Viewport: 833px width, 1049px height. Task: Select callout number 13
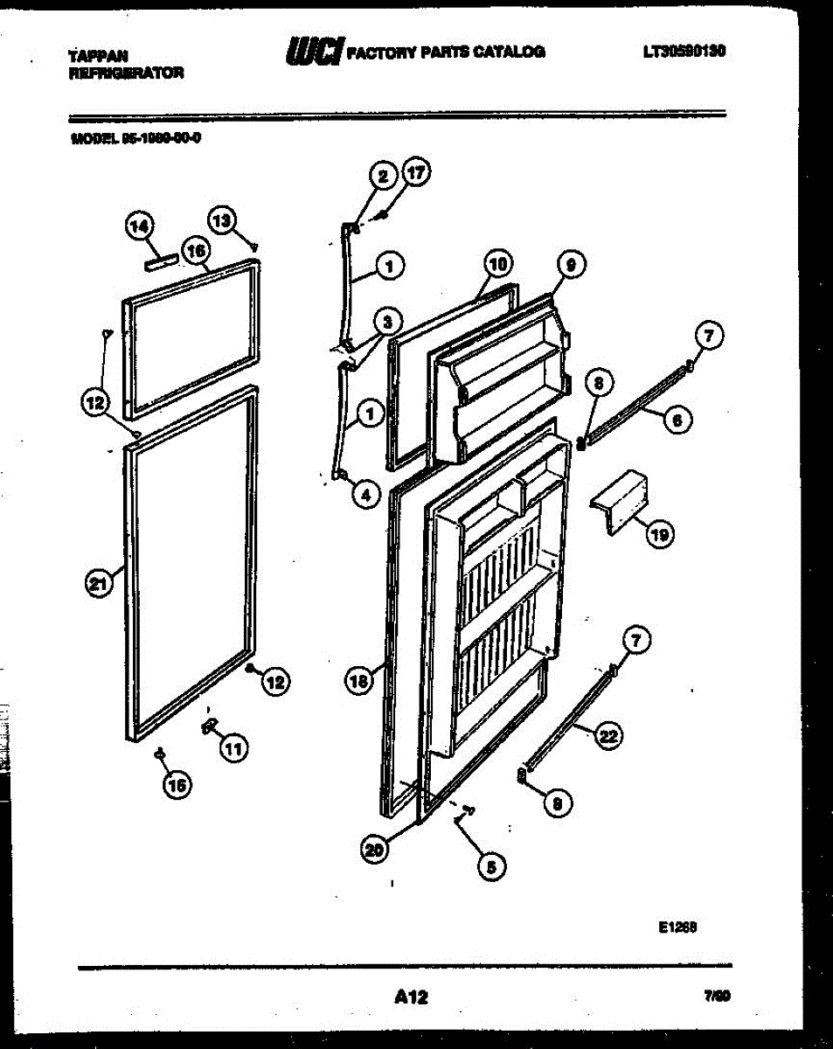(x=222, y=219)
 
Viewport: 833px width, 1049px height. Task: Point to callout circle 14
(x=137, y=227)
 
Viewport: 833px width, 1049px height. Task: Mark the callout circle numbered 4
(x=365, y=495)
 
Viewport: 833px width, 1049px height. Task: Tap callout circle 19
(x=659, y=534)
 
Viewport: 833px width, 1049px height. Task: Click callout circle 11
(x=233, y=747)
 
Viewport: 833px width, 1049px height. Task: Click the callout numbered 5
(x=489, y=866)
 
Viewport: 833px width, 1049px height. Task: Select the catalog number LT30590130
(x=684, y=52)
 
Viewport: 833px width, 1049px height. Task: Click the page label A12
(x=411, y=996)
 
